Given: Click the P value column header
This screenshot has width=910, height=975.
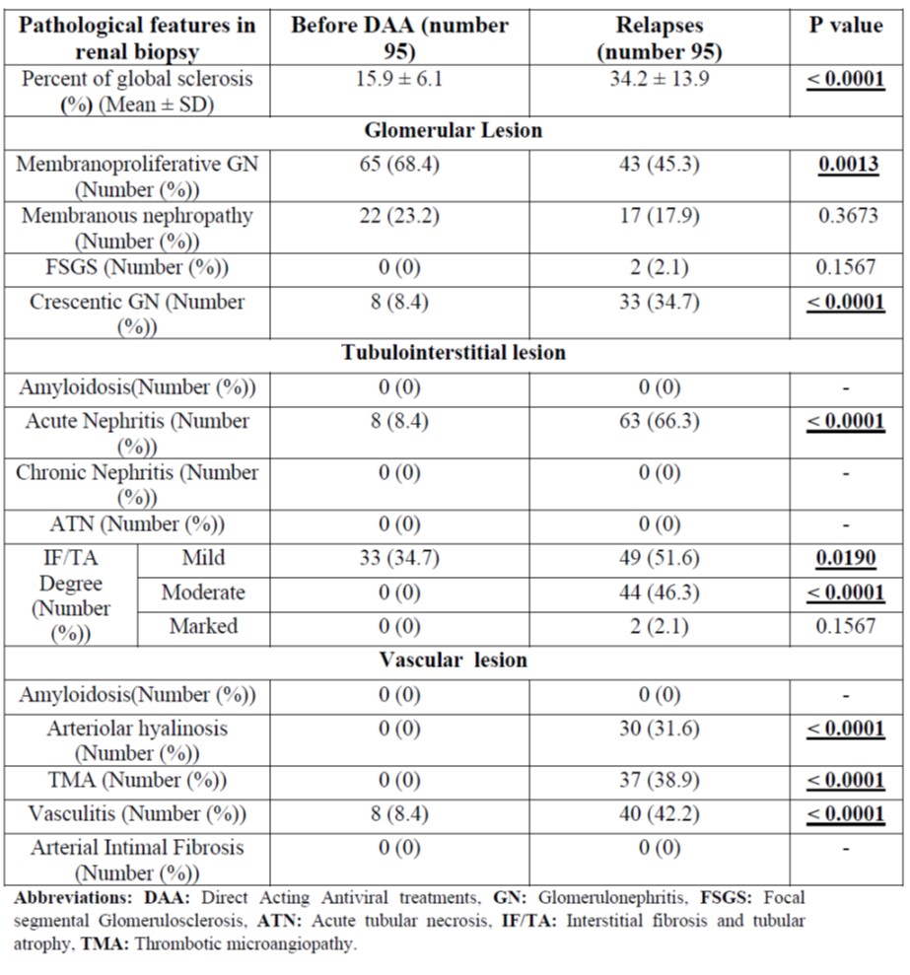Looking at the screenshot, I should tap(845, 26).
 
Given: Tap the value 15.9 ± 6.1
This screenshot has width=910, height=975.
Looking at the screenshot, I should tap(399, 79).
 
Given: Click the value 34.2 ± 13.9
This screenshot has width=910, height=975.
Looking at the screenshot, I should tap(659, 79).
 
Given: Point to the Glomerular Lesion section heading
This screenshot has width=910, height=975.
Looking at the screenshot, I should tap(454, 130).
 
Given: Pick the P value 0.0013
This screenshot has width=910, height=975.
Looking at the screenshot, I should tap(845, 164).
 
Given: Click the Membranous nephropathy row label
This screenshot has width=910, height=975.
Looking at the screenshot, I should tap(137, 228).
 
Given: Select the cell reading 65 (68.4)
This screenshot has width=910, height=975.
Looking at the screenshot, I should tap(399, 164).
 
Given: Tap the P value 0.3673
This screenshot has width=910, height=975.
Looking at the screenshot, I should tap(845, 215).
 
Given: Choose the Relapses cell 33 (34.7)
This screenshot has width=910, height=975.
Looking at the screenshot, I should tap(659, 302).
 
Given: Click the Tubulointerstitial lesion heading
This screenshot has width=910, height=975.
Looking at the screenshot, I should tap(454, 352).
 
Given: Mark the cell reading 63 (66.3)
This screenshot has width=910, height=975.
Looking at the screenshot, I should tap(659, 421).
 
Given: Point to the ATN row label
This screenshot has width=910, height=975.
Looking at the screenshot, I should tap(137, 523).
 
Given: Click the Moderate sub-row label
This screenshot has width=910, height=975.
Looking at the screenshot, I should tap(203, 592).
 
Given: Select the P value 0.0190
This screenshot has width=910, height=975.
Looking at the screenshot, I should tap(845, 558).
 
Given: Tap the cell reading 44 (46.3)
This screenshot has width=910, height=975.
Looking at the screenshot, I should tap(659, 592).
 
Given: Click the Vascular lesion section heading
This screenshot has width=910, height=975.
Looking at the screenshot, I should tap(454, 660).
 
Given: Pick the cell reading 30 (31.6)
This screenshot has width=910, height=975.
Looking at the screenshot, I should tap(659, 729).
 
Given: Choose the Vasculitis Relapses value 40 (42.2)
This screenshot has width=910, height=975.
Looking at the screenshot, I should tap(659, 814).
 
